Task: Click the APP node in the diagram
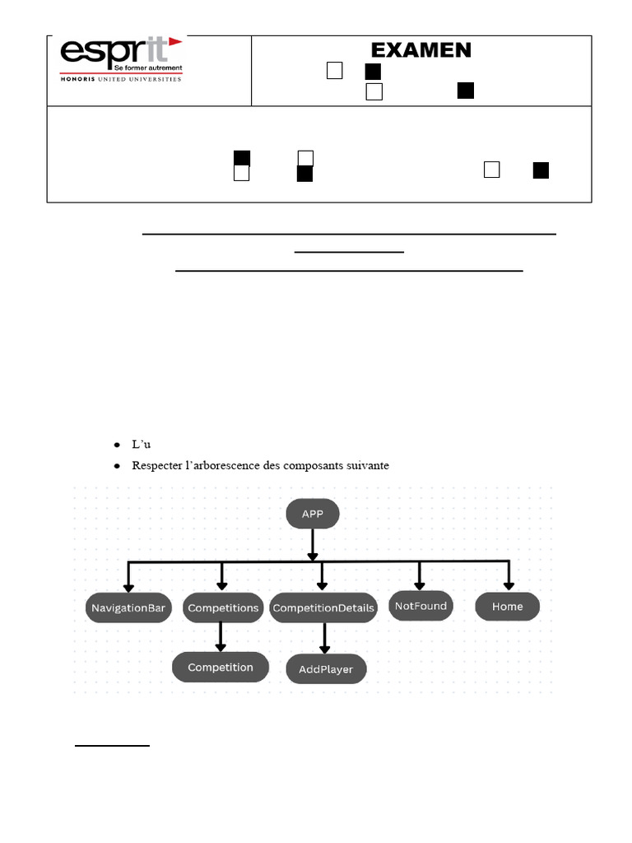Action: pyautogui.click(x=312, y=515)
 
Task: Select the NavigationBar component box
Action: pyautogui.click(x=128, y=609)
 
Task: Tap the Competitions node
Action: pyautogui.click(x=223, y=608)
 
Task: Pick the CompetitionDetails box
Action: pyautogui.click(x=323, y=608)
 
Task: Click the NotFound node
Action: pyautogui.click(x=421, y=606)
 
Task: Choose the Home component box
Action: pyautogui.click(x=508, y=607)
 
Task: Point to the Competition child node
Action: pyautogui.click(x=221, y=667)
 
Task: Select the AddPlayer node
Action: pyautogui.click(x=326, y=669)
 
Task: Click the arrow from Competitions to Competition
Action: pyautogui.click(x=221, y=636)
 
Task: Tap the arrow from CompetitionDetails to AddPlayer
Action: pyautogui.click(x=324, y=637)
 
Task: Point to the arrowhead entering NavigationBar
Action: pyautogui.click(x=128, y=585)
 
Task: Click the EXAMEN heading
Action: pyautogui.click(x=421, y=50)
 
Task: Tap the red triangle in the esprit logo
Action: pyautogui.click(x=174, y=43)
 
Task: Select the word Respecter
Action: pyautogui.click(x=155, y=466)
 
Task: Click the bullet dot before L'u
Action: pyautogui.click(x=117, y=445)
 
